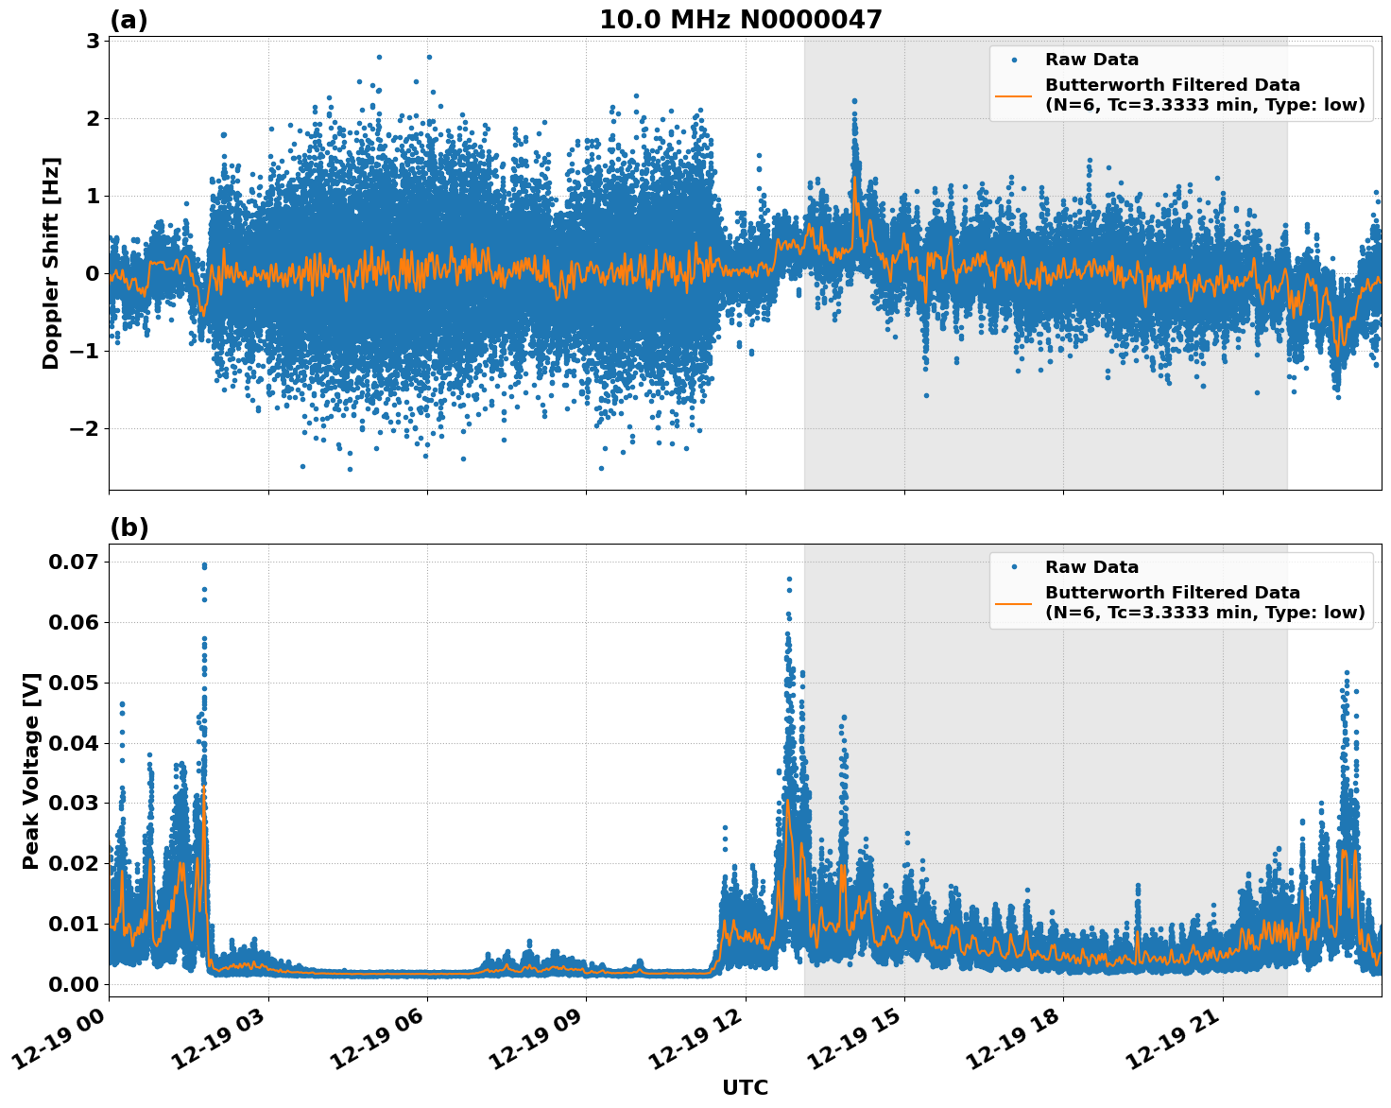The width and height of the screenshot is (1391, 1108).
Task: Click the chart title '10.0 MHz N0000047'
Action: click(740, 20)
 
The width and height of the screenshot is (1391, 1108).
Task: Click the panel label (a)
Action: click(129, 20)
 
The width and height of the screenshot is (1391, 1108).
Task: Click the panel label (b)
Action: click(129, 528)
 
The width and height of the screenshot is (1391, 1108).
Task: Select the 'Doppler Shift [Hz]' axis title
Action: click(51, 263)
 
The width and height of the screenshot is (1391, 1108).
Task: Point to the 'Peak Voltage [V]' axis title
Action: click(31, 770)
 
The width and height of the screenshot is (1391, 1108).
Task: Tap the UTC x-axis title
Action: click(745, 1087)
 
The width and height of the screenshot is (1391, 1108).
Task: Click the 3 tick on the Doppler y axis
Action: click(93, 41)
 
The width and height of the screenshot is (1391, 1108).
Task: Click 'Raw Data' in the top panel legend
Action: click(1091, 60)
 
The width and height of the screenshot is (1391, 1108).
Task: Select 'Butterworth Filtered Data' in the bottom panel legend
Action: click(1172, 593)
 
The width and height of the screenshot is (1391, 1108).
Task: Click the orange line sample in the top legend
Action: click(1013, 95)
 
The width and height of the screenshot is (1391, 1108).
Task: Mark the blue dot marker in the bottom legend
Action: click(1013, 567)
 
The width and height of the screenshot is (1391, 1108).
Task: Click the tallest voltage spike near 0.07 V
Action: click(204, 565)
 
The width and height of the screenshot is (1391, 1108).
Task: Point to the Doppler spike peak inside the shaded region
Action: click(854, 100)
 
